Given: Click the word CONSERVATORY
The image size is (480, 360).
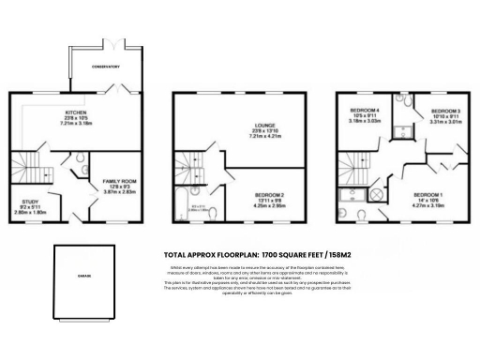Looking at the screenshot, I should point(105,67).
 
